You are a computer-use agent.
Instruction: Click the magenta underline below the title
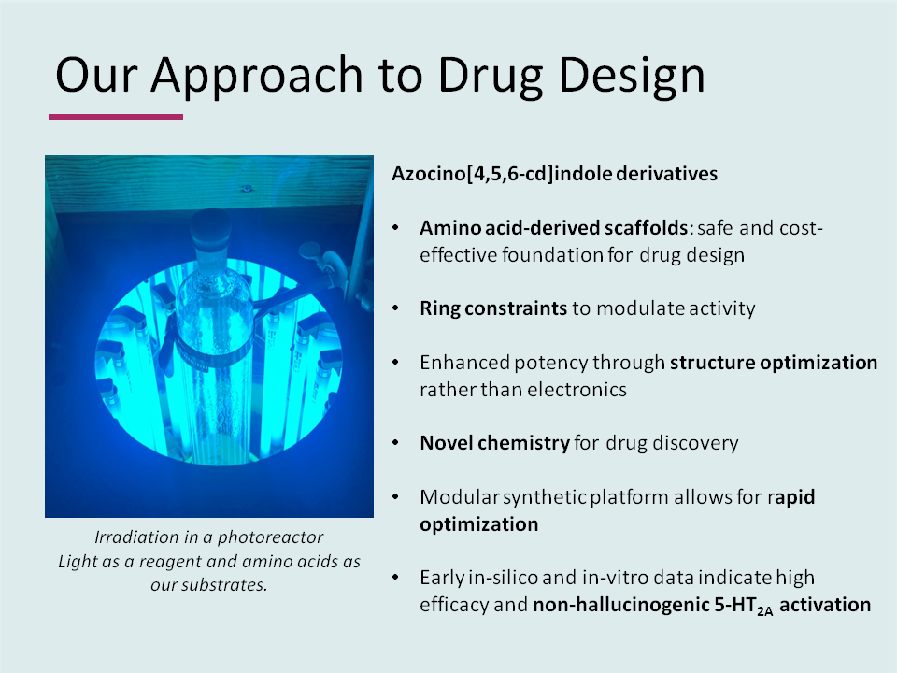116,117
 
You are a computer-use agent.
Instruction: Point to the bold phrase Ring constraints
493,308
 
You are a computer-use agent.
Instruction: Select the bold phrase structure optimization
774,363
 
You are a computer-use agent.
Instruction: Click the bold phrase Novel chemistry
494,443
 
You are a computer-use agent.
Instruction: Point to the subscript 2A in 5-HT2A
765,610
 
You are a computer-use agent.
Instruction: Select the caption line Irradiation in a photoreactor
208,538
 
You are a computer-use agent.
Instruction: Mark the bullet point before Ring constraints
398,308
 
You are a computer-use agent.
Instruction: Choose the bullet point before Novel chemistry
398,443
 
